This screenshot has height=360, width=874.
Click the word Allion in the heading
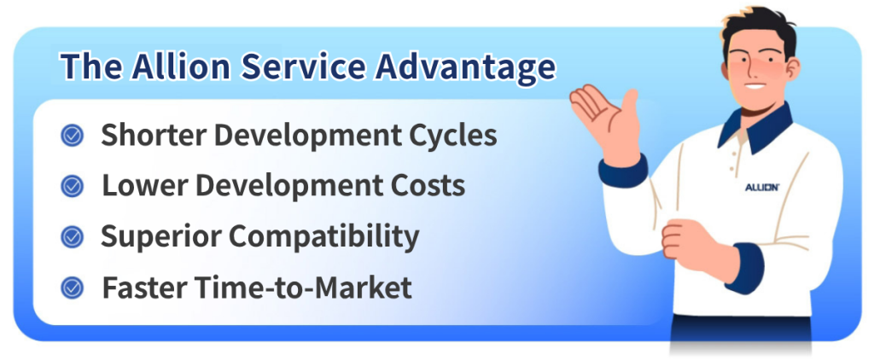(x=182, y=67)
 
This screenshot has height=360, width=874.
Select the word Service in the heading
(x=303, y=67)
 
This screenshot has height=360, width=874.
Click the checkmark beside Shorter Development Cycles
(x=72, y=136)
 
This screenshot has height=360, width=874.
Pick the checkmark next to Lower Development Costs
(x=72, y=186)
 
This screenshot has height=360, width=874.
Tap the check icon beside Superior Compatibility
(x=72, y=237)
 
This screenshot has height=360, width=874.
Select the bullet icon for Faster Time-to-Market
(x=72, y=287)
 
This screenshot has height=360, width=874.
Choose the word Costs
(x=428, y=186)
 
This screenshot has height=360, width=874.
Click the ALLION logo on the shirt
(x=762, y=187)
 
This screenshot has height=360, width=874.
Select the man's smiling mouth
(x=755, y=86)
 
